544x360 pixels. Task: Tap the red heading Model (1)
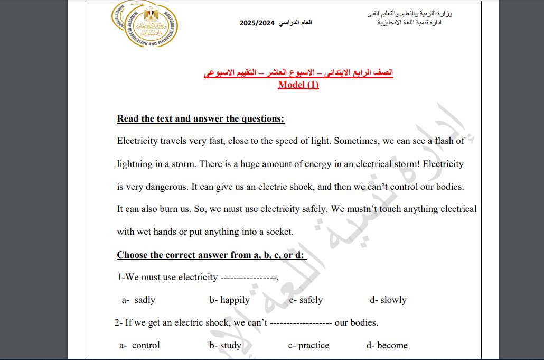[x=298, y=85]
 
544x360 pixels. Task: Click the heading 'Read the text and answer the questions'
[x=201, y=118]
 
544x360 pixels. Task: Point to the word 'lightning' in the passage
[x=135, y=164]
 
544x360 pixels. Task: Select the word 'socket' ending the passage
[x=278, y=232]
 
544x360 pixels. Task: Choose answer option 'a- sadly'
[x=138, y=300]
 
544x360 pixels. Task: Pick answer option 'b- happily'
[x=229, y=300]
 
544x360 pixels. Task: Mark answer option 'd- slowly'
[x=388, y=300]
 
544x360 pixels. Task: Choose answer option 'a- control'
[x=139, y=345]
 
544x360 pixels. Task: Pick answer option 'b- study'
[x=225, y=345]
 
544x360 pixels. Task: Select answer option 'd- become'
[x=387, y=345]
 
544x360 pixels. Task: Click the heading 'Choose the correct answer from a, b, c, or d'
[x=211, y=255]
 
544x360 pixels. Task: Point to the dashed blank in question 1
[x=248, y=277]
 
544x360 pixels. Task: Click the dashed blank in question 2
[x=301, y=322]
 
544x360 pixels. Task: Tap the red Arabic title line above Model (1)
[x=298, y=72]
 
